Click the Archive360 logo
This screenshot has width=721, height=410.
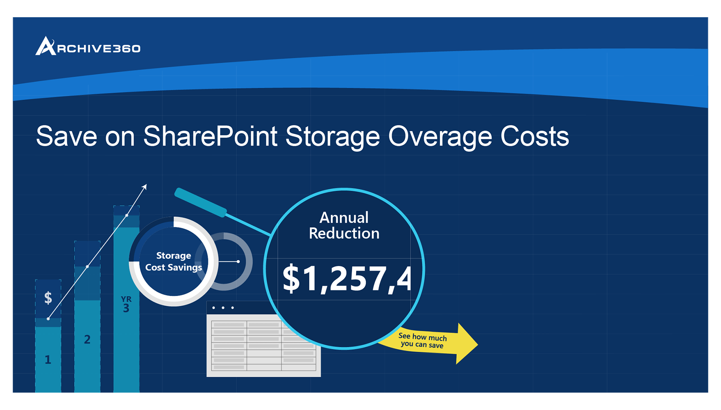coord(88,46)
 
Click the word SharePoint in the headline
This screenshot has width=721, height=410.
coord(210,137)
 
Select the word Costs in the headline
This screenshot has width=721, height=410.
coord(535,136)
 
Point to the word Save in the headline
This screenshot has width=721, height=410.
coord(67,136)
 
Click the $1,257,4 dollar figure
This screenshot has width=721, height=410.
coord(347,279)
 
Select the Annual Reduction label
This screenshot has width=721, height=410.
coord(344,225)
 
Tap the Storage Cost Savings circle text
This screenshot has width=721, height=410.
coord(174,261)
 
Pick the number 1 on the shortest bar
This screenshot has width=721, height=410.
coord(48,360)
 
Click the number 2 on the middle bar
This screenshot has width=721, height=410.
coord(87,339)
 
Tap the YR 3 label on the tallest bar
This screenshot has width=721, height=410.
coord(126,305)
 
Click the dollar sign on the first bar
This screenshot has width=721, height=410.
coord(48,297)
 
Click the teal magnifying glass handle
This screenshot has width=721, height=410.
coord(200,202)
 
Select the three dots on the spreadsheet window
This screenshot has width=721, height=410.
coord(223,307)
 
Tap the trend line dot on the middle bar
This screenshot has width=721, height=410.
coord(87,266)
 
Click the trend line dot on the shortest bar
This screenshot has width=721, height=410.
coord(48,319)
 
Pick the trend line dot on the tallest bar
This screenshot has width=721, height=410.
coord(127,215)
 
